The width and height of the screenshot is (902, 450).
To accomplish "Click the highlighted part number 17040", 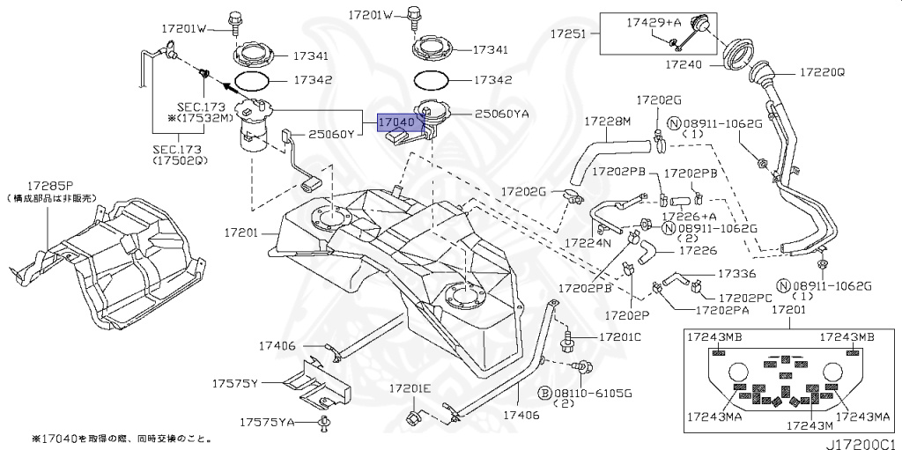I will point(396,122).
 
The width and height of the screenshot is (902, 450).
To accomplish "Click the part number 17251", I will point(569,33).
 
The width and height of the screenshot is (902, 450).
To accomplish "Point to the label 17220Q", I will point(822,73).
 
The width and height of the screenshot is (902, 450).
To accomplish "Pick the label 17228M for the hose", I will point(608,122).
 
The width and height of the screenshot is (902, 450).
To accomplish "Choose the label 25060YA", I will point(501,114).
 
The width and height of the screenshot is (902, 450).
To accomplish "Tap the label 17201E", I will point(411,387).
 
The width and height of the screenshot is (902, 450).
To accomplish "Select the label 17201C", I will point(620,337).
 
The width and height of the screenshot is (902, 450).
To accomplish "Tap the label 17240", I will point(684,64).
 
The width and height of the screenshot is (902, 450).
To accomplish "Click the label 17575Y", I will point(233,384).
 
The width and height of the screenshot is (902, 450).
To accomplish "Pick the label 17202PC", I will point(746,298).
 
